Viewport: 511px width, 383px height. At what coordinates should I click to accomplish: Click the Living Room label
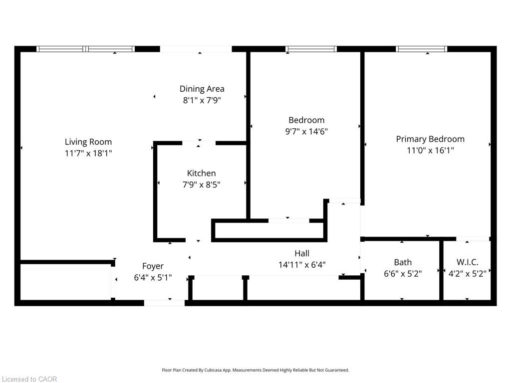[88, 142]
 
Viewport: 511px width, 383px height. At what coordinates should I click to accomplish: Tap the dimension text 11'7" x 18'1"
[88, 153]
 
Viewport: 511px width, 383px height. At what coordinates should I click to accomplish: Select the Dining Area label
[202, 89]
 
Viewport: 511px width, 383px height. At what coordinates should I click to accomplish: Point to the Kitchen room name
[202, 173]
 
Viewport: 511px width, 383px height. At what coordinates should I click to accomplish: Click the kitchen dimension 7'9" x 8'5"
[202, 185]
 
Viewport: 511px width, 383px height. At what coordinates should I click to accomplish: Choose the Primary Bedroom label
[430, 140]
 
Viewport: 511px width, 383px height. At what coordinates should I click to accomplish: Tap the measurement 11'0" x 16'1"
[430, 151]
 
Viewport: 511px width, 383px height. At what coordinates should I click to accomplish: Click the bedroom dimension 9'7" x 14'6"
[306, 132]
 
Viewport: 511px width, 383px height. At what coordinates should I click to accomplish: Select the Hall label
[302, 253]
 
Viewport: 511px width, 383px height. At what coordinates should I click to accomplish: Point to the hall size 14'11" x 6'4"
[302, 265]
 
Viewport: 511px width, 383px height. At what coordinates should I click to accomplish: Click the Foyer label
[153, 266]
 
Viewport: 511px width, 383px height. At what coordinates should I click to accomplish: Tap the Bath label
[403, 262]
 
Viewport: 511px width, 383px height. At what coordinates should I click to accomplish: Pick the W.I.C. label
[467, 262]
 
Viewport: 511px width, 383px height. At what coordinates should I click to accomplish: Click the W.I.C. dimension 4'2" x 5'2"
[467, 274]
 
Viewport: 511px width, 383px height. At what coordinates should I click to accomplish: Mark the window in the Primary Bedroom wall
[421, 49]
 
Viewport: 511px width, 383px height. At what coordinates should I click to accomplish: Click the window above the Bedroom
[311, 49]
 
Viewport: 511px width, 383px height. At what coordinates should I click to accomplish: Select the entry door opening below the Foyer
[164, 303]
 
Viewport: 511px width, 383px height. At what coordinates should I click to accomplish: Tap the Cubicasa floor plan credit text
[255, 370]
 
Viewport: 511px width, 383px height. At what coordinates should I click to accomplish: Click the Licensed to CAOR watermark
[29, 379]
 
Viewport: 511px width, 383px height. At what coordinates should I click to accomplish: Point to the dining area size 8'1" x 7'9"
[202, 100]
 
